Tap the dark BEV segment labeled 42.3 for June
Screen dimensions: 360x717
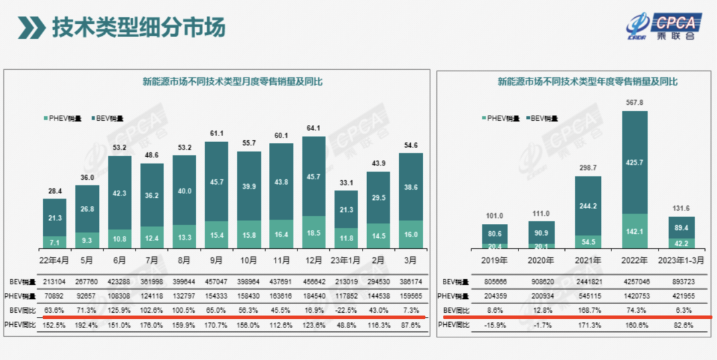pos(119,193)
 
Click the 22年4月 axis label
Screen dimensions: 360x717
pos(54,260)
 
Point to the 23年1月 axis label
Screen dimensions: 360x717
pos(346,260)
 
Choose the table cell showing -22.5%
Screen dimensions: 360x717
pos(346,310)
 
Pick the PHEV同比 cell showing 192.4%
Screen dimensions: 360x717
pos(87,324)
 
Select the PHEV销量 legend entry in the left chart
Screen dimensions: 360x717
pos(63,118)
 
